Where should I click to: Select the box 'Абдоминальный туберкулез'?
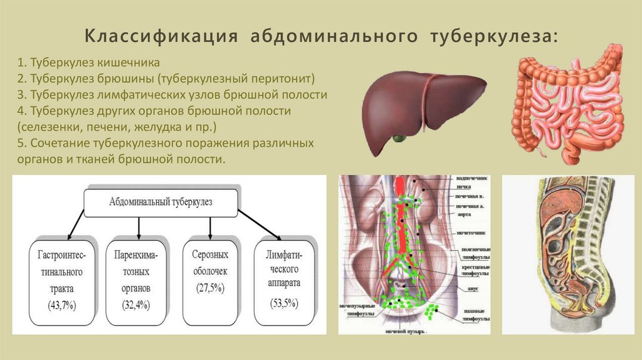(161, 203)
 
